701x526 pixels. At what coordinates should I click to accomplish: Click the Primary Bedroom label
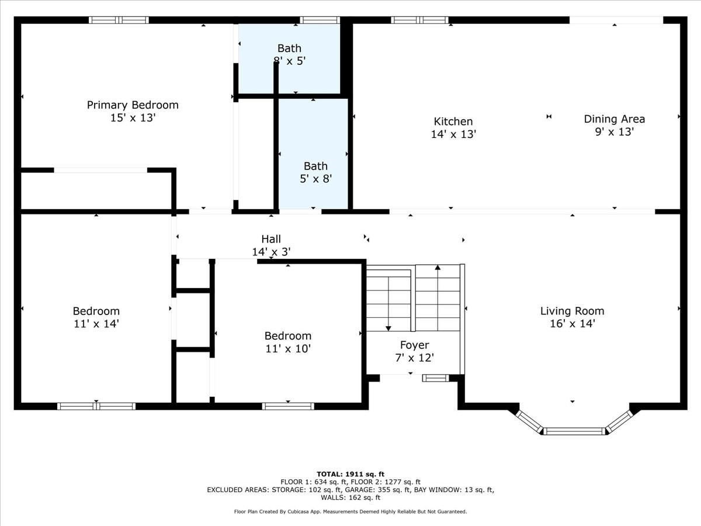(133, 105)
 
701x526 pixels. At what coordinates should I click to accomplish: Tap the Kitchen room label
(453, 122)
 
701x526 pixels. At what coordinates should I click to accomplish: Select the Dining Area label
(614, 119)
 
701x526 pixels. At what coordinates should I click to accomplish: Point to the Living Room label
(572, 311)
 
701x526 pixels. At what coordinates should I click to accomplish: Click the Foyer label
(414, 345)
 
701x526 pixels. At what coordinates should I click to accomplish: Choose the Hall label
(271, 239)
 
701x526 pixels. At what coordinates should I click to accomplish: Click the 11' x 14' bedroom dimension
(96, 323)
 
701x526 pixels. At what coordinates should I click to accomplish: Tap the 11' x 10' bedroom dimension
(288, 349)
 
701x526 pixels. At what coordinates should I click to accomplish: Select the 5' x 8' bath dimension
(315, 179)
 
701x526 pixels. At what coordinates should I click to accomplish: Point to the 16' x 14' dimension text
(572, 323)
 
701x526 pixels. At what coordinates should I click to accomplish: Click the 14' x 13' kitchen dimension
(453, 134)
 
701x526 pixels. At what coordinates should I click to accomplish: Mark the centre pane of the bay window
(574, 431)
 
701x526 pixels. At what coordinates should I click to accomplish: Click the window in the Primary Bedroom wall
(119, 20)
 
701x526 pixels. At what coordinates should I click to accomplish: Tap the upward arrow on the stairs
(438, 268)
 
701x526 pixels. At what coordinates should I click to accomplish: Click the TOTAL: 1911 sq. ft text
(350, 474)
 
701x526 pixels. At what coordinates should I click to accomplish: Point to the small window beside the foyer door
(435, 378)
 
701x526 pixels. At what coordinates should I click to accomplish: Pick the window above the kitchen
(419, 20)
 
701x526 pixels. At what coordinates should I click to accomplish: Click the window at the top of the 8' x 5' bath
(320, 20)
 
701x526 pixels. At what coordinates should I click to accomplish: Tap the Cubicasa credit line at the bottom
(350, 511)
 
